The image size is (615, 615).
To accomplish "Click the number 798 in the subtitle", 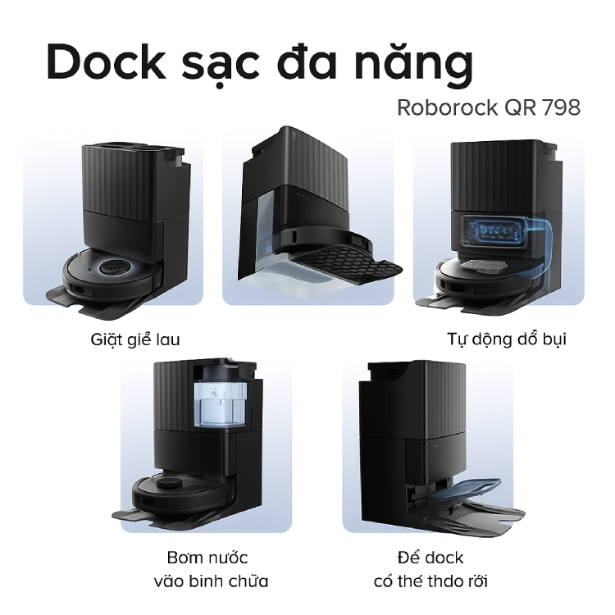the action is coord(561,108).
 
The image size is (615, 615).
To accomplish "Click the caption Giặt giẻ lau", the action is coord(135,338).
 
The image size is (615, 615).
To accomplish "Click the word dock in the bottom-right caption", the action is coord(443,558).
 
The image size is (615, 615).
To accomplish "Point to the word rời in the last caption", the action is coord(474,582).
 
